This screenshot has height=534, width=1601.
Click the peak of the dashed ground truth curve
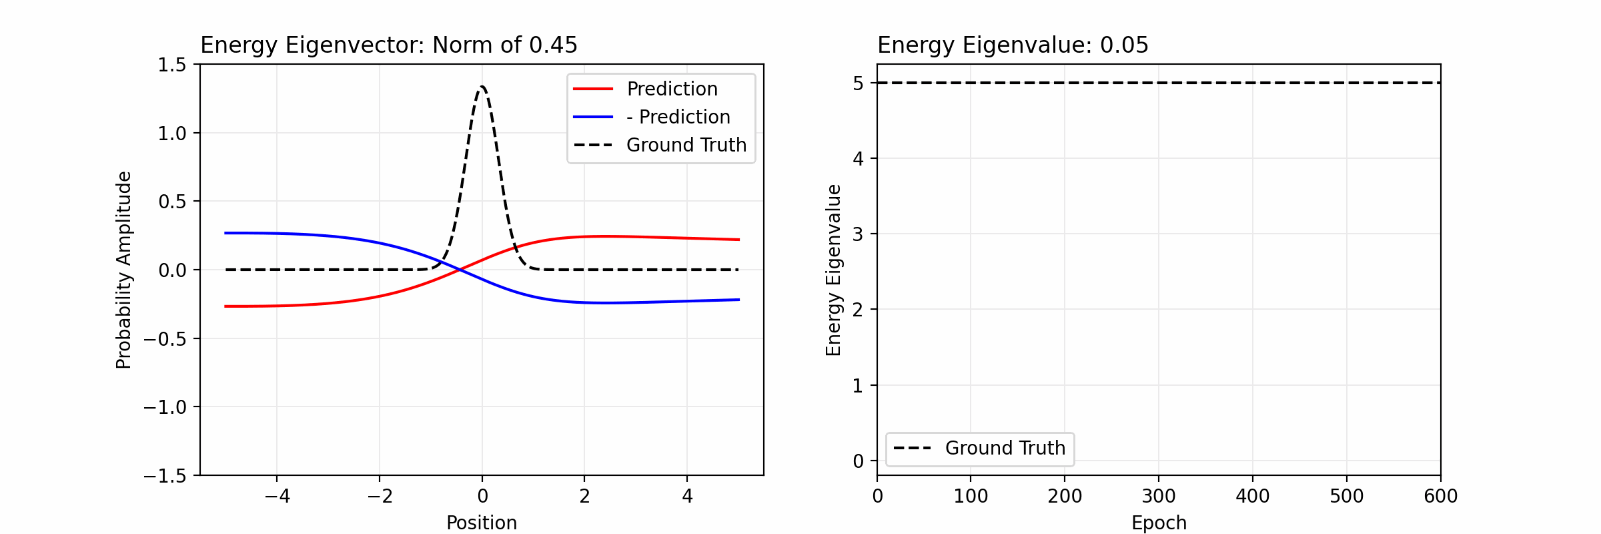coord(482,87)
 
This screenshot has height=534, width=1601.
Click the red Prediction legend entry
coord(672,89)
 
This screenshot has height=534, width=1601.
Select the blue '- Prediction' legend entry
coord(678,117)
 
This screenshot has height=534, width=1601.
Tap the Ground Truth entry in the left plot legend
coord(686,145)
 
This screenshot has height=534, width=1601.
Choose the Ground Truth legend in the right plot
coord(1005,448)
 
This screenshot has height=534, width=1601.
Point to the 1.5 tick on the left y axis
coord(172,65)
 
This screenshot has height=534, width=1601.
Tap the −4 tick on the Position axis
coord(277,496)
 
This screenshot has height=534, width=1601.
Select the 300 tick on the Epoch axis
coord(1159,496)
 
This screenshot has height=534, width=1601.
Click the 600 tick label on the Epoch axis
coord(1440,496)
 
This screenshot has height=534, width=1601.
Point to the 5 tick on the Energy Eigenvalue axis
coord(858,83)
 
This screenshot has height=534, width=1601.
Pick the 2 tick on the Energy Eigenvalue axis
coord(858,310)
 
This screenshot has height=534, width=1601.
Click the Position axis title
coord(482,523)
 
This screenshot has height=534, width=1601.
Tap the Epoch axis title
coord(1159,523)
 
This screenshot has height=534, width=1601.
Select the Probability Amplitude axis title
coord(124,270)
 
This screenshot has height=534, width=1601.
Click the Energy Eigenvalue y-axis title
coord(834,270)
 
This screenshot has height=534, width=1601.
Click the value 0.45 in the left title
coord(553,45)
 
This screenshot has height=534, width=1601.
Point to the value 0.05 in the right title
coord(1124,45)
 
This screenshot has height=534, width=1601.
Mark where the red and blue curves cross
coord(460,270)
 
